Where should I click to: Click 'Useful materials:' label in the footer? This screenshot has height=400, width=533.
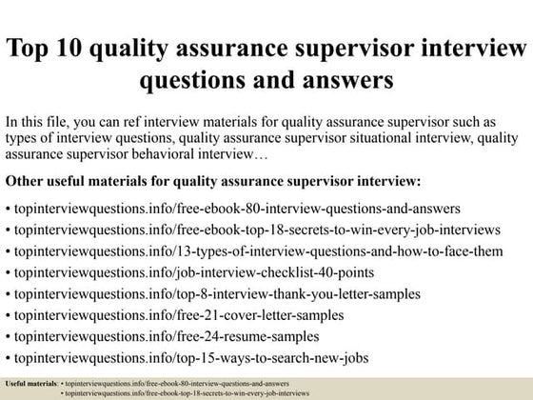(x=30, y=382)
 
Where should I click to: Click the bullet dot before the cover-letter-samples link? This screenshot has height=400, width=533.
(x=8, y=316)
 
